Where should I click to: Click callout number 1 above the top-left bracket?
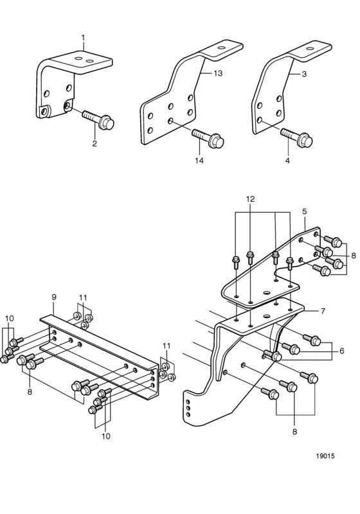click(x=83, y=38)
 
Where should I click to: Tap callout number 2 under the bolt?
click(x=94, y=143)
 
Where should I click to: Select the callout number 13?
click(x=218, y=73)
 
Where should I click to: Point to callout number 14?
click(x=199, y=161)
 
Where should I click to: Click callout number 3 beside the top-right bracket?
click(x=304, y=74)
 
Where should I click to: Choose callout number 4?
click(x=287, y=161)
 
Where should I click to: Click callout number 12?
click(x=251, y=199)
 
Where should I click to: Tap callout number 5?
click(x=304, y=211)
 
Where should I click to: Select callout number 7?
click(x=323, y=311)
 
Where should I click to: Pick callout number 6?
click(x=342, y=351)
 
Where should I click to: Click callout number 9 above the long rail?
click(x=54, y=297)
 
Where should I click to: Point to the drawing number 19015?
click(x=325, y=456)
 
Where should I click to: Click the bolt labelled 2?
click(x=98, y=120)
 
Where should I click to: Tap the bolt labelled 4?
click(x=296, y=137)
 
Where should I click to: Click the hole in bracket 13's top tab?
click(x=222, y=48)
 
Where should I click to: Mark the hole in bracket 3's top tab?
click(x=310, y=48)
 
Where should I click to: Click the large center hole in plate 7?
click(x=267, y=316)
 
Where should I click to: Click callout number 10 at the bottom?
click(x=106, y=436)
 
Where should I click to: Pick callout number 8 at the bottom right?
click(x=294, y=432)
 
